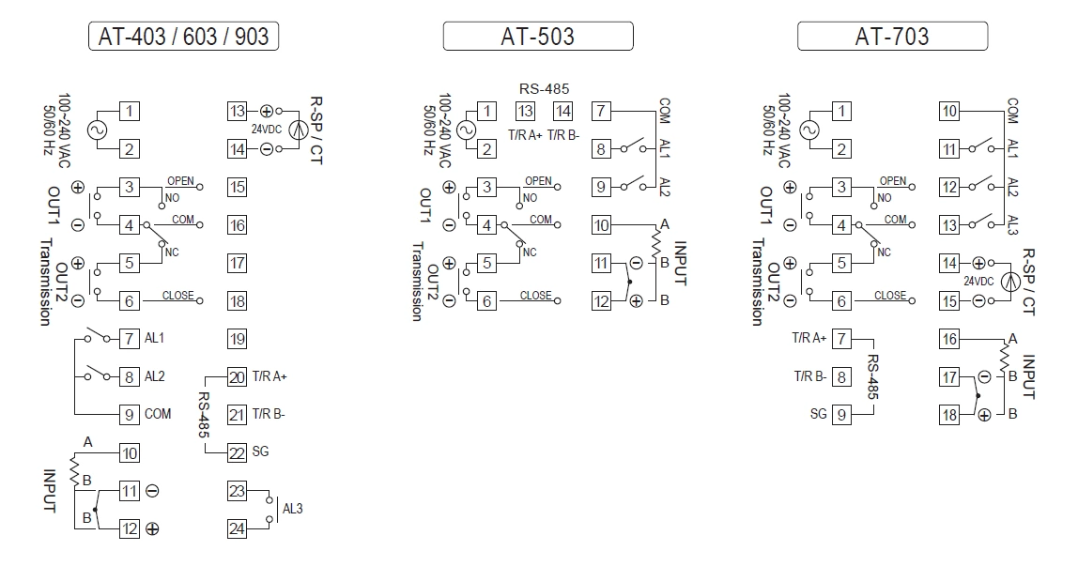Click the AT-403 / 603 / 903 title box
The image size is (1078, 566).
184,37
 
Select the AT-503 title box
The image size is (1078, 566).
538,37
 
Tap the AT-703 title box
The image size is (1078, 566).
892,37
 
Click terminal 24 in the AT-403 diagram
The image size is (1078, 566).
237,529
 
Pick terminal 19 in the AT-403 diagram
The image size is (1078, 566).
237,339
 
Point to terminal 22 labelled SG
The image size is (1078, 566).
237,452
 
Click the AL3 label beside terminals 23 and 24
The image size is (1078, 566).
293,510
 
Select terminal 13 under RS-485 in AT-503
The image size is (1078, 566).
526,112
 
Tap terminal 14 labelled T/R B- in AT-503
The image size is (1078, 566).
562,112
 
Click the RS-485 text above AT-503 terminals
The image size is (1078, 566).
544,89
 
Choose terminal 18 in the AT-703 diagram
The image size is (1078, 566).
949,415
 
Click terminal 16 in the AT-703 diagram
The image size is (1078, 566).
949,339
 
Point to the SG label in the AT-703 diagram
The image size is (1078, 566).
819,414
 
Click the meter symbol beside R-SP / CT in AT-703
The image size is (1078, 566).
1010,282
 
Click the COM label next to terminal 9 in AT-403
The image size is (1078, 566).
158,414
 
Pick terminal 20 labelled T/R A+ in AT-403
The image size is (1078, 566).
237,376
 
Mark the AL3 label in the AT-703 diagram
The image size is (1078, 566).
1012,225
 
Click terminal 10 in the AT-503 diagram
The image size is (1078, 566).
601,225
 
